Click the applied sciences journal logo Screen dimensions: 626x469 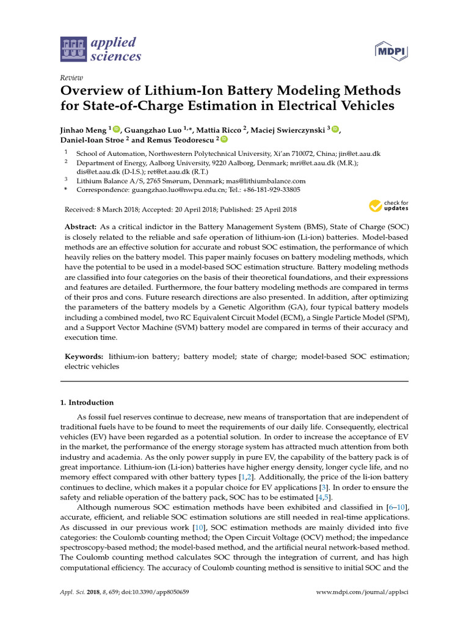click(x=101, y=50)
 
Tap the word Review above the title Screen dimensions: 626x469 click(x=71, y=78)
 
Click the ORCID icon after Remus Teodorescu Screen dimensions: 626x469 click(x=224, y=140)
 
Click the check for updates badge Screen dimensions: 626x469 click(x=389, y=205)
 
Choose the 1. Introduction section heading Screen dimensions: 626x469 click(x=86, y=402)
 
